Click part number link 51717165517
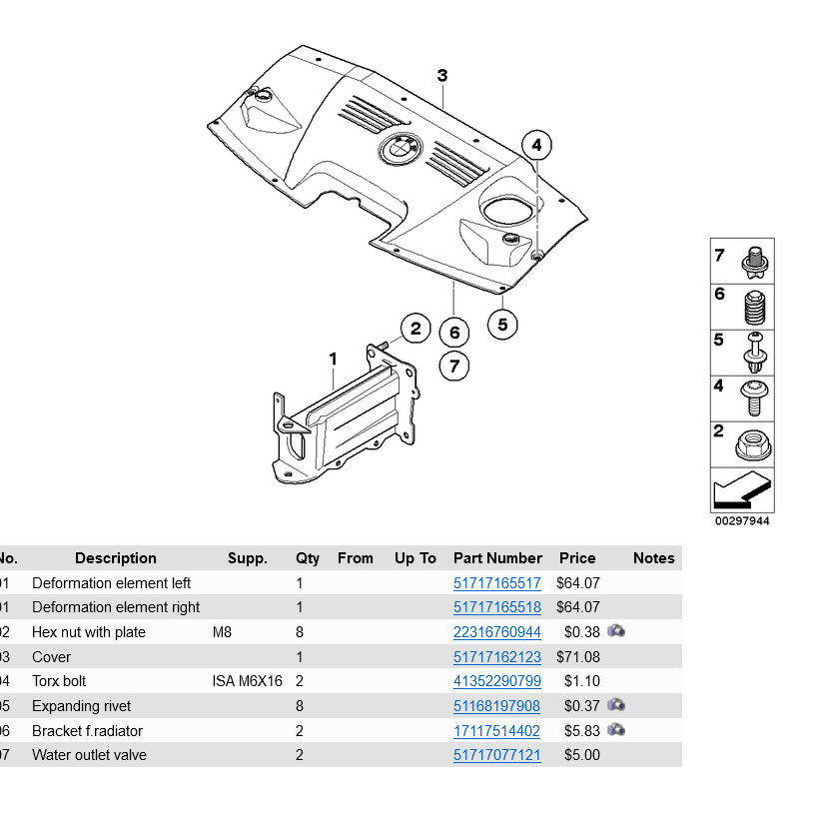[x=496, y=583]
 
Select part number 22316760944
[x=496, y=632]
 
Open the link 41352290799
[x=496, y=681]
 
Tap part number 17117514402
[x=496, y=731]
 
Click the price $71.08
[x=578, y=657]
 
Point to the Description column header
[x=116, y=558]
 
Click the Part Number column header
[x=497, y=558]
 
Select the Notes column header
[x=654, y=558]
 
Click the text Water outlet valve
[x=89, y=755]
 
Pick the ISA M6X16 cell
[x=248, y=681]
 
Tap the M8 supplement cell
[x=222, y=632]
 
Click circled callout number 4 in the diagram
[x=536, y=146]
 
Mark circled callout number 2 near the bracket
[x=415, y=328]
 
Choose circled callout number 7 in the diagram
[x=454, y=367]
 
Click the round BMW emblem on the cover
[x=401, y=150]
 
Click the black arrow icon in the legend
[x=741, y=491]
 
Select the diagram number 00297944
[x=742, y=521]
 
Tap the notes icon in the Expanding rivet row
[x=616, y=706]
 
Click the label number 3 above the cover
[x=442, y=76]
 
